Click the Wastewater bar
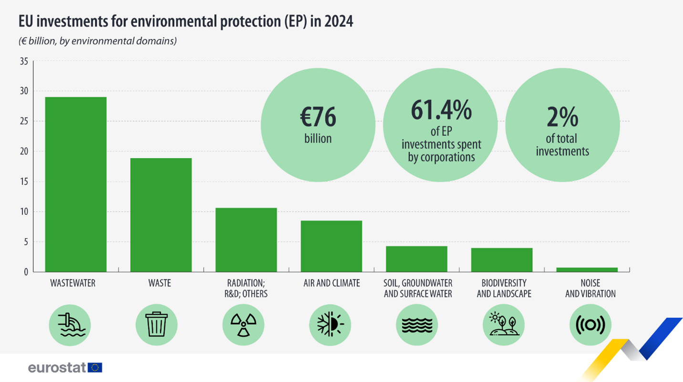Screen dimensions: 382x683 [x=76, y=184]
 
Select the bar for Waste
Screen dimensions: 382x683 [x=161, y=215]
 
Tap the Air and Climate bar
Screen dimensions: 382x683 [x=331, y=246]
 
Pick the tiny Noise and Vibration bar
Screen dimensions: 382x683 [x=587, y=270]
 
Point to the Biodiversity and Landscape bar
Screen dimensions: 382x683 [x=502, y=260]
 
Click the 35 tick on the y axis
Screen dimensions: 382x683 [x=23, y=61]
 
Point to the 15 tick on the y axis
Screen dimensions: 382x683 [x=23, y=181]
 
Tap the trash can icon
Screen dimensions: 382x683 [x=156, y=325]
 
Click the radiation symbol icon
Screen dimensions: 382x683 [x=243, y=325]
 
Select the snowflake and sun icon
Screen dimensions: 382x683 [x=330, y=325]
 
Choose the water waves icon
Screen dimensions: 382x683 [x=417, y=325]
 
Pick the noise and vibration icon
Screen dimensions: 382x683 [x=590, y=325]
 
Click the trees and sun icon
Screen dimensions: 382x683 [x=504, y=325]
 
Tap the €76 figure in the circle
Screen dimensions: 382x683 [x=318, y=117]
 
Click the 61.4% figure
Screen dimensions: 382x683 [x=441, y=111]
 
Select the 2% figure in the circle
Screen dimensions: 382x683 [x=562, y=117]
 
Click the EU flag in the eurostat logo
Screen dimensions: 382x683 [x=95, y=367]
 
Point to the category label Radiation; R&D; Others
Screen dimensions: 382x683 [x=246, y=288]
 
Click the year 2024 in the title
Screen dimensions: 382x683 [x=339, y=21]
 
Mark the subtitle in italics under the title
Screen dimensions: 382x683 [x=98, y=41]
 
